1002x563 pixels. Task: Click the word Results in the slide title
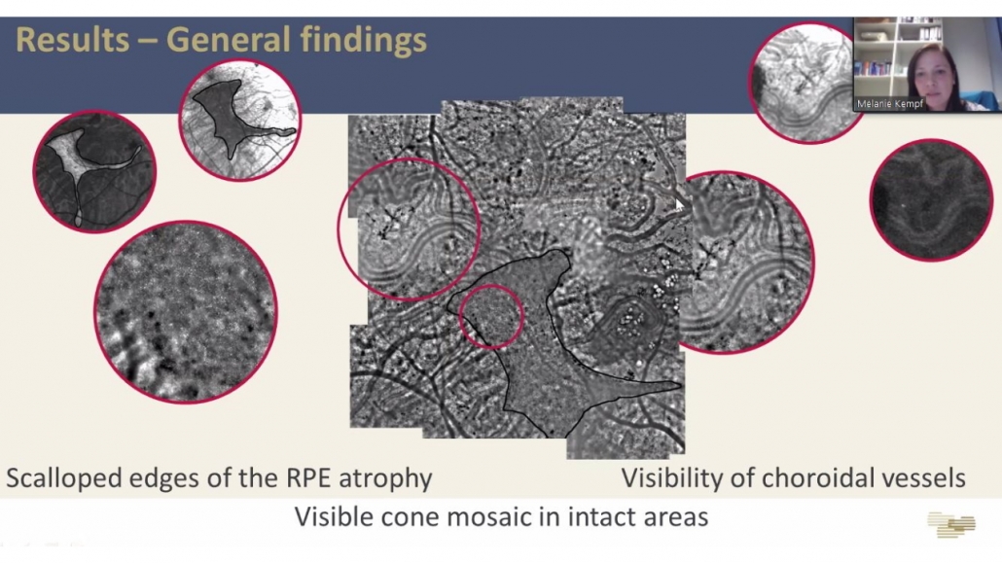[72, 40]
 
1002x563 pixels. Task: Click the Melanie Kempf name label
[889, 103]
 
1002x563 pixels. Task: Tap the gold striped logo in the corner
[951, 524]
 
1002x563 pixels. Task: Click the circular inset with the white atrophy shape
[94, 171]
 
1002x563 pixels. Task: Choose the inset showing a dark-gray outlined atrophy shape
[239, 121]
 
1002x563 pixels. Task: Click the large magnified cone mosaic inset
[186, 312]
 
